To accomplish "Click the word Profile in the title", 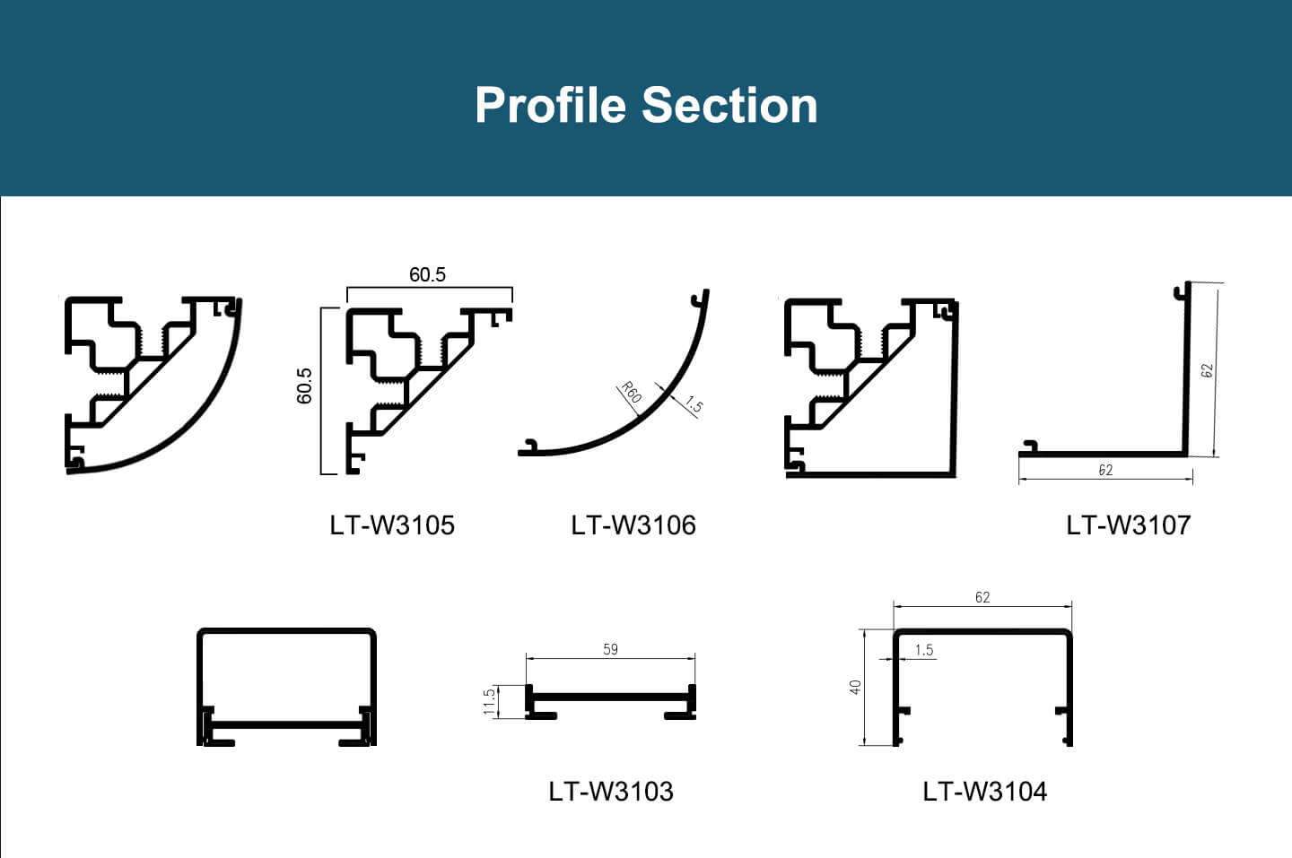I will (x=549, y=105).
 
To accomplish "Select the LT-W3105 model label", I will (x=392, y=524).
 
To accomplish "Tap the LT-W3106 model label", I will (x=633, y=524).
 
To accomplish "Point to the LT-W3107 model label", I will (x=1129, y=524).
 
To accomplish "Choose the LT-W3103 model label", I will (x=611, y=791).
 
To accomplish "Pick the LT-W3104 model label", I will (x=985, y=791).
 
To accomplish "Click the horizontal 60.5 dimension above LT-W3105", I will (x=427, y=274).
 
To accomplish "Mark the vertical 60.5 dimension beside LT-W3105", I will (x=305, y=386).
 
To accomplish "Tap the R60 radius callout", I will (x=632, y=393).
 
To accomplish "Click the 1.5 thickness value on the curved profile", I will (x=694, y=405).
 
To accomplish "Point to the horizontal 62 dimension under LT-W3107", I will (x=1105, y=470).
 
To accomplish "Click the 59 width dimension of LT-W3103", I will (x=610, y=649).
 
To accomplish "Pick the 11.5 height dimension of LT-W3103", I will (x=489, y=700).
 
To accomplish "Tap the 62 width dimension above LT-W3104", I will (x=982, y=597).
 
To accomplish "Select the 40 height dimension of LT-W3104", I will (x=855, y=687).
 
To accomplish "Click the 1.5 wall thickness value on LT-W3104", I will (x=924, y=650).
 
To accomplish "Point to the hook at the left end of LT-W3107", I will (x=1030, y=446).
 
